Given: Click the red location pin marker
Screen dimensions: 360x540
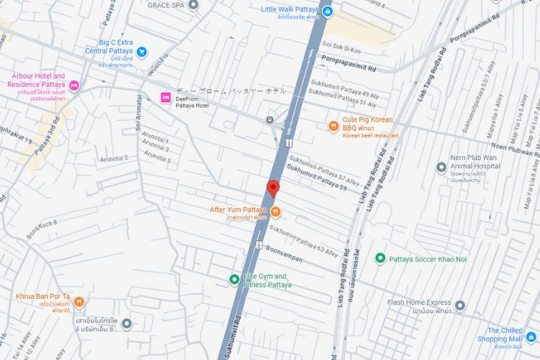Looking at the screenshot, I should coord(273,189).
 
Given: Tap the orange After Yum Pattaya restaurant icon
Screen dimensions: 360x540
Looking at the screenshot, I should coord(275,210).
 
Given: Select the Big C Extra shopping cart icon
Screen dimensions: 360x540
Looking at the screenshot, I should coord(141,52).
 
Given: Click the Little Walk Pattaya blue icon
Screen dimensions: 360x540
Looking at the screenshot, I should coord(327,12).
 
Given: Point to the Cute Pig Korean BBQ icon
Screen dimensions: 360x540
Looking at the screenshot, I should coord(333,126).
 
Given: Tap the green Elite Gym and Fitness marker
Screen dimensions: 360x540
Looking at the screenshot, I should coord(233,279).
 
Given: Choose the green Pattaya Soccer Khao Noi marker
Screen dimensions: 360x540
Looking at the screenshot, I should coord(379,258).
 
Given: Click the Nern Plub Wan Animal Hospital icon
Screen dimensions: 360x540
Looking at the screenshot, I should coord(441,167).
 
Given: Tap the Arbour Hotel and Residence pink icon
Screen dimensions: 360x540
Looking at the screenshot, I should coord(73,86).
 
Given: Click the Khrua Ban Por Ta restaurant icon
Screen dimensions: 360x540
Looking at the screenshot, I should coord(79,301).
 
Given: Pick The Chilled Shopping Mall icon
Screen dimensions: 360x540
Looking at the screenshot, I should coord(531,336).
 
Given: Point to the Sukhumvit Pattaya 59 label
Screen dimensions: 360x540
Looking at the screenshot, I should coord(317,178).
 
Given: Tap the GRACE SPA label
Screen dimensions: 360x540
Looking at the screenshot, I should coord(166,4).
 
